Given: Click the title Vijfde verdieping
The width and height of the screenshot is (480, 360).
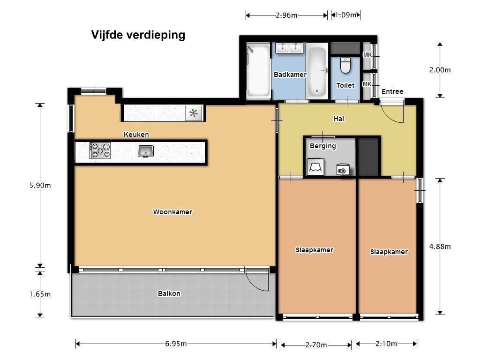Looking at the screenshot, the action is [x=138, y=35].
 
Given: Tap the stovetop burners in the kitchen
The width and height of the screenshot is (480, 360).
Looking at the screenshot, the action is [x=100, y=150].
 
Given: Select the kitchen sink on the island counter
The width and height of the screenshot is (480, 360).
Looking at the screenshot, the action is [x=146, y=151].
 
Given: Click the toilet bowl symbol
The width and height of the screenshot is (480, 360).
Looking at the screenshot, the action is [x=345, y=66].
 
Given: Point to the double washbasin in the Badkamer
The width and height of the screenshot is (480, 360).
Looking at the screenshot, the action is [x=289, y=48].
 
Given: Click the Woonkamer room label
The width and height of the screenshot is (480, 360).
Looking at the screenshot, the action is [x=172, y=212].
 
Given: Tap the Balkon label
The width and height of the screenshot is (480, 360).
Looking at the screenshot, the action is [x=169, y=293].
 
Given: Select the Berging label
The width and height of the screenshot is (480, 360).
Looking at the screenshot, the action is [x=322, y=146].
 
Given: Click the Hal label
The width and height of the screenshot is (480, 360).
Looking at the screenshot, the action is [x=339, y=119].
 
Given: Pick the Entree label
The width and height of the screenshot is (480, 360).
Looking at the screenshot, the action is [x=392, y=91].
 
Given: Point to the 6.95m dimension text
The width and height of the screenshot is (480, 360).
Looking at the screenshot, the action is [x=176, y=344].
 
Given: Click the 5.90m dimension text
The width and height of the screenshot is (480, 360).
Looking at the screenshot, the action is [x=40, y=186].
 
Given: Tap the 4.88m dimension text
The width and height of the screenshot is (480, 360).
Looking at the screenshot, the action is [x=440, y=247].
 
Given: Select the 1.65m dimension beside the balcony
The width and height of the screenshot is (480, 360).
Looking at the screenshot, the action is [x=40, y=294].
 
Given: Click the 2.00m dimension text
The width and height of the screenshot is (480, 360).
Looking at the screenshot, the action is [x=440, y=70].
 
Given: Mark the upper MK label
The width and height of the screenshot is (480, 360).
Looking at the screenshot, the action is [x=367, y=55].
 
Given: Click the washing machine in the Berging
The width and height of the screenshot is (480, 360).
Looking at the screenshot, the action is [x=343, y=169].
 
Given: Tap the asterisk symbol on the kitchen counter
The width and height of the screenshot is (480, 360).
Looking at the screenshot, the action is [x=194, y=113].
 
